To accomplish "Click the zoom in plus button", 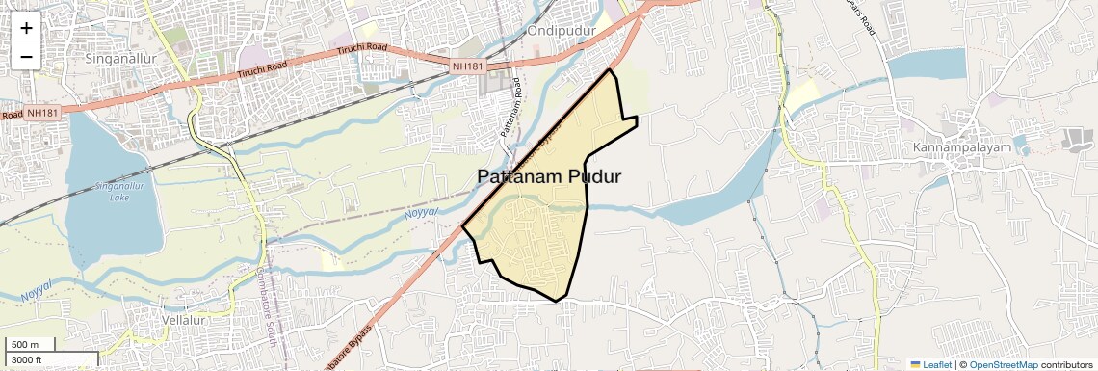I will (x=26, y=28).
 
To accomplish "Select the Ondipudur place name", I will (x=562, y=31).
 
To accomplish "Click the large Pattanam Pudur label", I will (x=549, y=177).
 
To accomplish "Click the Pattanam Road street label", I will (x=510, y=106).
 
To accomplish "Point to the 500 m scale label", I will (x=25, y=345).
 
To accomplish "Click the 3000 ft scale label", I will (x=28, y=360).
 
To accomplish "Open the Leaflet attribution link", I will (x=930, y=364).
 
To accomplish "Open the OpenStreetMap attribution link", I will (x=1004, y=364).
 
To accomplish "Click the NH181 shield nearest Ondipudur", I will (x=469, y=66).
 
